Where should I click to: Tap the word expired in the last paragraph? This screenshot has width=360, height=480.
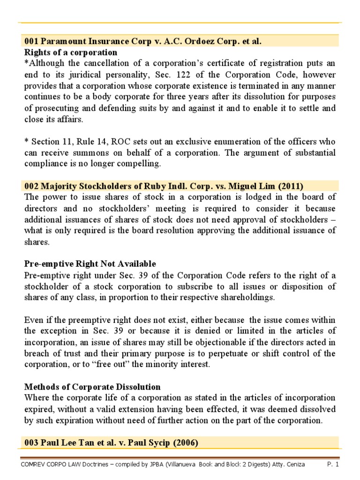click(37, 410)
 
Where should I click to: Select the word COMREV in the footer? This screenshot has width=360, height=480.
click(35, 465)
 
